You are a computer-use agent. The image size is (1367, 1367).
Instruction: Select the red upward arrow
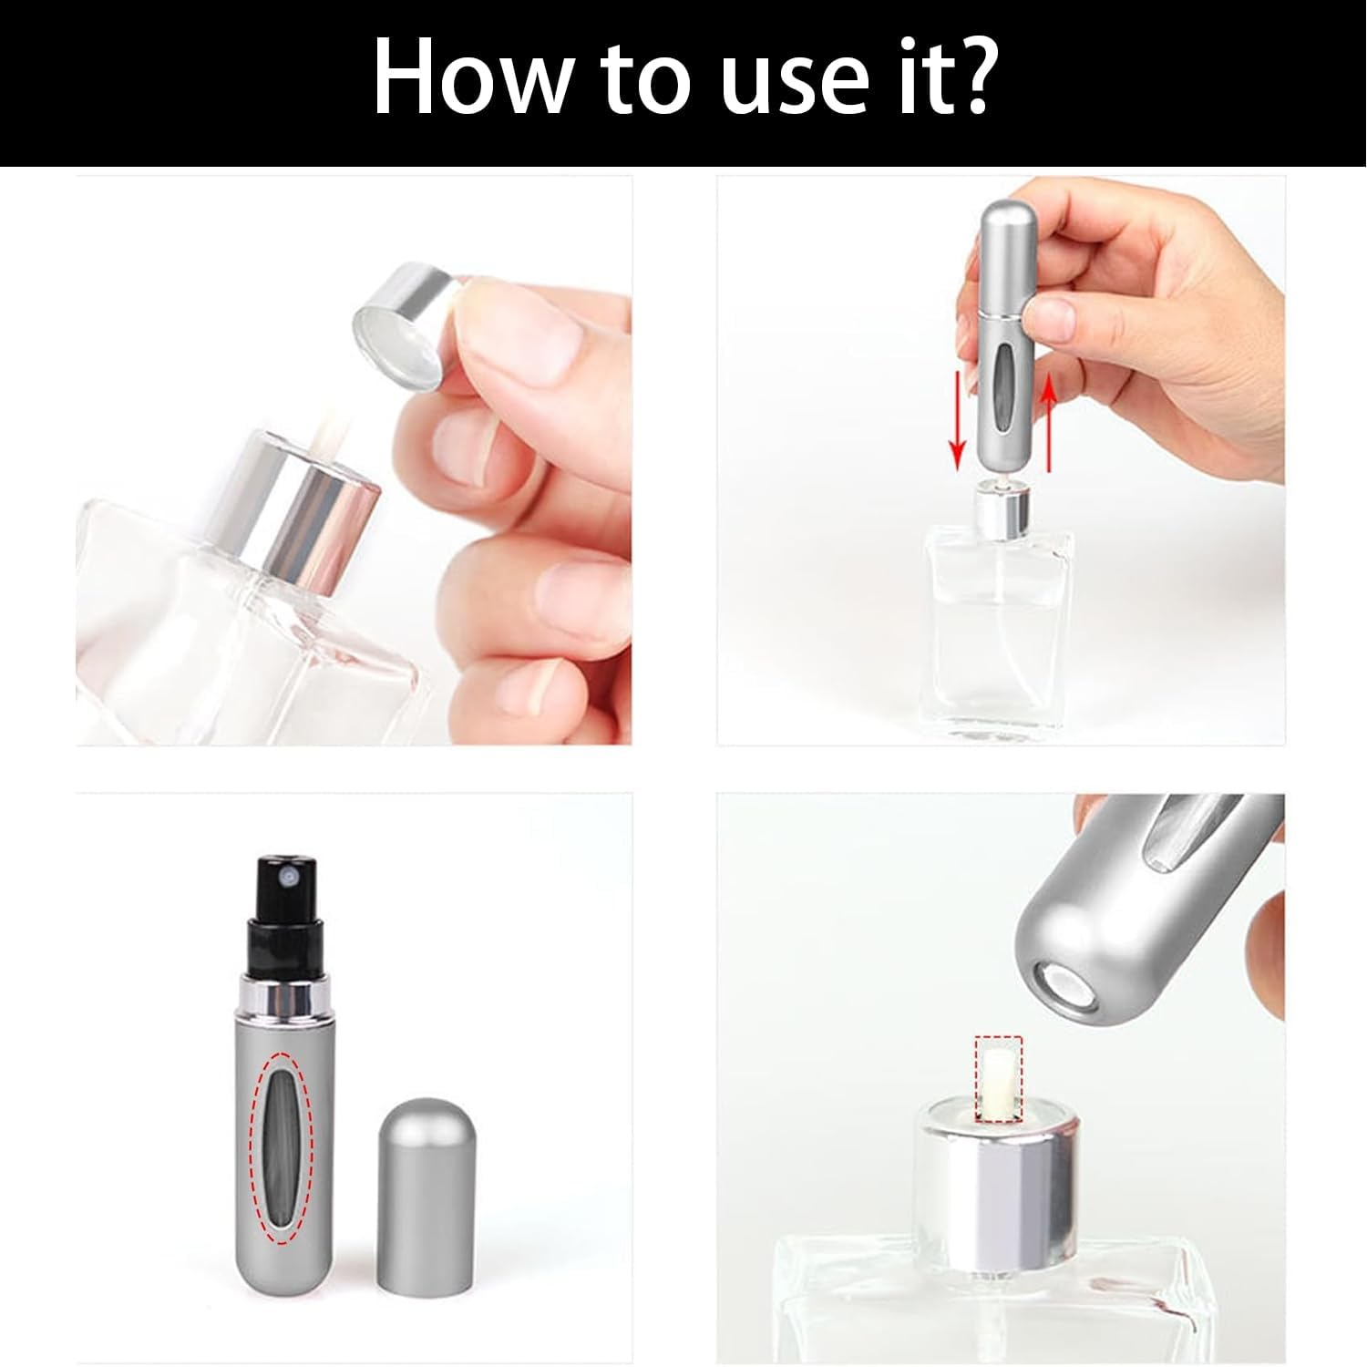point(1049,424)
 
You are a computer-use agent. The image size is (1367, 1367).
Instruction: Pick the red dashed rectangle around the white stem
point(998,1079)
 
